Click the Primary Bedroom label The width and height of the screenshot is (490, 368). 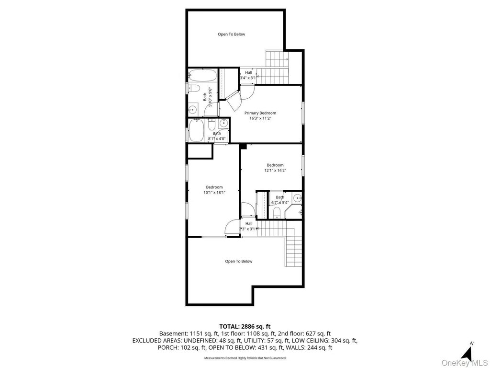click(260, 113)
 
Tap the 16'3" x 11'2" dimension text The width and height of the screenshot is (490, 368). click(260, 119)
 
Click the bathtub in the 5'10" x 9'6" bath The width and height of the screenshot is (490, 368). click(202, 75)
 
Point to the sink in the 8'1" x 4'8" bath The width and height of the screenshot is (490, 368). click(223, 123)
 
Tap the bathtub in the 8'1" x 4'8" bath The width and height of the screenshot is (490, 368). click(196, 130)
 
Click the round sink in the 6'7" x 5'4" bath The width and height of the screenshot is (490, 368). click(297, 198)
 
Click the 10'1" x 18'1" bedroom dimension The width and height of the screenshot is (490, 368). click(214, 193)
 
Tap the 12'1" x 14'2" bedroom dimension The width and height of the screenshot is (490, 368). click(275, 171)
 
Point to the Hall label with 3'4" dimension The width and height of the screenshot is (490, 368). click(248, 73)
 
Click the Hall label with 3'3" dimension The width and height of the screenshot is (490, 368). click(249, 223)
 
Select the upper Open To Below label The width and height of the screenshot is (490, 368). click(231, 34)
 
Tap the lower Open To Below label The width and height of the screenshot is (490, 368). click(238, 261)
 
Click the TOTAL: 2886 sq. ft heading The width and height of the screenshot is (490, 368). click(245, 327)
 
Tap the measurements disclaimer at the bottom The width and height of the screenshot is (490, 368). click(245, 357)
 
